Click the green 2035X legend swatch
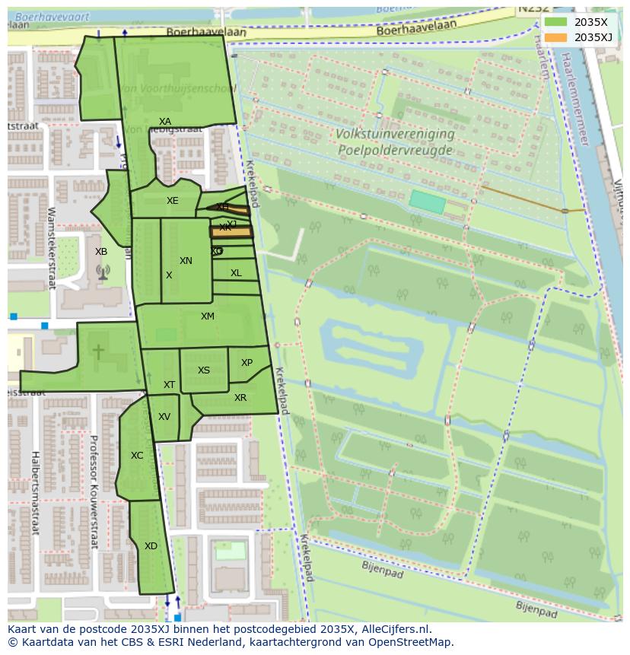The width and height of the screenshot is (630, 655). tap(555, 22)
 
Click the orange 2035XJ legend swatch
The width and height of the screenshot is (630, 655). tap(555, 37)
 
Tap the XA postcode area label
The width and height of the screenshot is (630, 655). tap(165, 122)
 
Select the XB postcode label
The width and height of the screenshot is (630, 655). tap(101, 252)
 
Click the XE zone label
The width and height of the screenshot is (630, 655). tap(173, 201)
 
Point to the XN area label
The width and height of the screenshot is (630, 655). tap(186, 261)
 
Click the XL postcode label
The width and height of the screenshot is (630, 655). tap(236, 273)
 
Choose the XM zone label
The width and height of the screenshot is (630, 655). tap(208, 316)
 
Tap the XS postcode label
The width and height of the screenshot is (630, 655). tap(204, 370)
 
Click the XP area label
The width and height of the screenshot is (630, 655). tap(247, 363)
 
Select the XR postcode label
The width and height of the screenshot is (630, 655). tap(240, 398)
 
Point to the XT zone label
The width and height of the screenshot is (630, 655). tap(169, 385)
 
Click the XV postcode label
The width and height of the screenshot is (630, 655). tap(164, 417)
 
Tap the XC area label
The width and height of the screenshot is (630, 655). tap(137, 456)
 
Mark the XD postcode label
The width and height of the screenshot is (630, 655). tap(151, 546)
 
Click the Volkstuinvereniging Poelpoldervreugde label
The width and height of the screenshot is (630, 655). tap(395, 141)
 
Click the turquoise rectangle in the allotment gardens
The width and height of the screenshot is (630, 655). tap(427, 202)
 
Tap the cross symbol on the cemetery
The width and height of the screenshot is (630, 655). tap(98, 351)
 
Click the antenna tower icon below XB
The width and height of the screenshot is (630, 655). tap(103, 272)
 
